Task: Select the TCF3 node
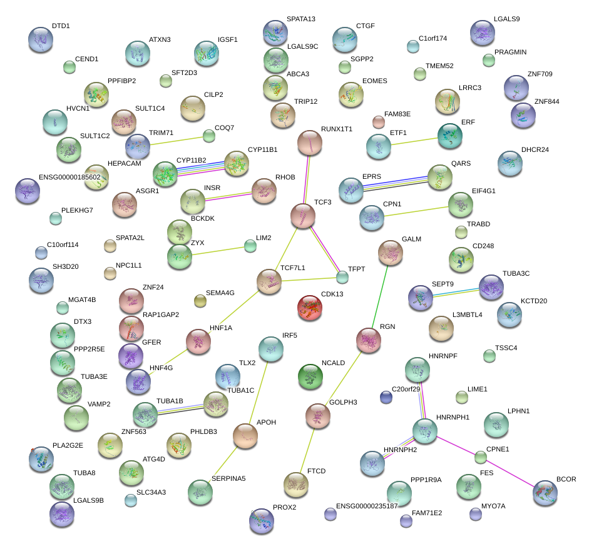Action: (x=304, y=216)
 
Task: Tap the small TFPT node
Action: (x=342, y=276)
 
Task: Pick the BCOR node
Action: (x=545, y=493)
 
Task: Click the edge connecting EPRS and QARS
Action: (x=393, y=182)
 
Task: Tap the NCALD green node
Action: (x=310, y=376)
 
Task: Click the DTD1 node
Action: (x=41, y=39)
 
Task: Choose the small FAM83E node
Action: (x=378, y=121)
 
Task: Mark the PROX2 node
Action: (x=262, y=521)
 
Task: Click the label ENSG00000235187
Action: (x=367, y=506)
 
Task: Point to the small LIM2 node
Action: (x=250, y=246)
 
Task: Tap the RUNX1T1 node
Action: (x=309, y=143)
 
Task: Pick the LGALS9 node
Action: (x=482, y=32)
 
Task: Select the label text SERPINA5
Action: (x=228, y=479)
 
